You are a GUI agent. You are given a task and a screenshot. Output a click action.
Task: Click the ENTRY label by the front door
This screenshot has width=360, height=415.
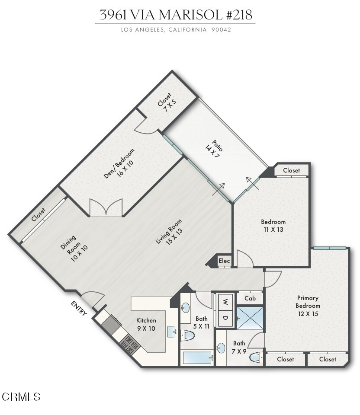tap(79, 308)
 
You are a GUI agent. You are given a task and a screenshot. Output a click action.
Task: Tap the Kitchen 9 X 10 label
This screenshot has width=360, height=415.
tap(146, 325)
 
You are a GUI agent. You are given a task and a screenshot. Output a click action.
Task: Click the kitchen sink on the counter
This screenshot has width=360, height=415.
tap(172, 332)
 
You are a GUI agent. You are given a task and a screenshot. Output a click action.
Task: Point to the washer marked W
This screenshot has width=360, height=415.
tap(225, 301)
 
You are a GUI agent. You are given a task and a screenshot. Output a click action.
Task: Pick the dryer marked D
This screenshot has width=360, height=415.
tap(225, 318)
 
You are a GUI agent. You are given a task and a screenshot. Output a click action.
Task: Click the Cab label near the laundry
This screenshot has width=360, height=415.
tap(250, 299)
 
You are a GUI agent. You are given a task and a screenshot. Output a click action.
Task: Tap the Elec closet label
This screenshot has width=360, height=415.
tap(224, 261)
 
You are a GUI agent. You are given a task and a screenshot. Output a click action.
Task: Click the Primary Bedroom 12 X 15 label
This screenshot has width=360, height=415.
tap(308, 306)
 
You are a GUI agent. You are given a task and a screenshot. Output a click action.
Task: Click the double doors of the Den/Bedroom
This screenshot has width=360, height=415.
tap(106, 207)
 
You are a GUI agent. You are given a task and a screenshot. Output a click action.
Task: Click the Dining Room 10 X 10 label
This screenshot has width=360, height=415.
tap(74, 249)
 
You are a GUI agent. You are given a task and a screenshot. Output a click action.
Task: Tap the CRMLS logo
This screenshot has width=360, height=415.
tap(22, 397)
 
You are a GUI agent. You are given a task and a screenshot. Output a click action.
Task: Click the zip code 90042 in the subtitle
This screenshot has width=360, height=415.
tap(221, 30)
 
